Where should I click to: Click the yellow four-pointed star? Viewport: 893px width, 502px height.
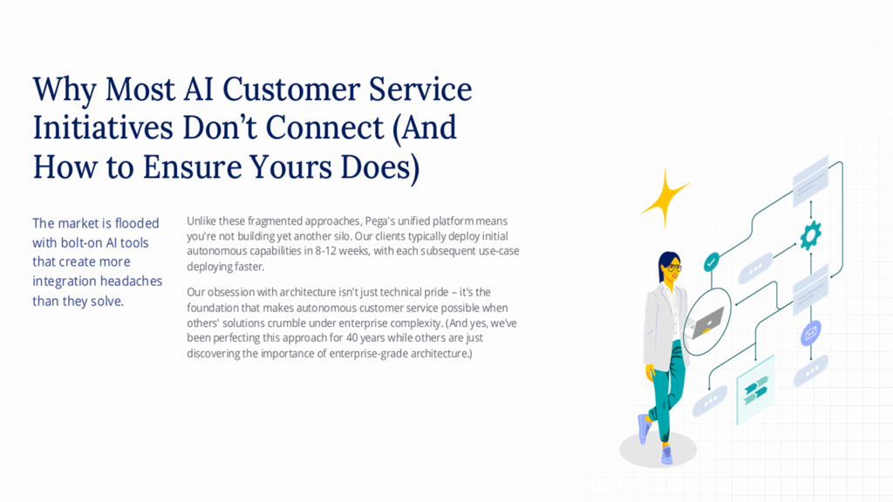(665, 199)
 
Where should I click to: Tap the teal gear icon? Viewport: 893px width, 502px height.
(810, 235)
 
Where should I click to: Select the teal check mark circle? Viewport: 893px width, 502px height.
(712, 262)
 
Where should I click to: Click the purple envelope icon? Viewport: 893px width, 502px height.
(810, 333)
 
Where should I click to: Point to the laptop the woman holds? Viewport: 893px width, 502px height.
(707, 322)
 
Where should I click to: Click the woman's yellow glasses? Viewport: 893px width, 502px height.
(674, 267)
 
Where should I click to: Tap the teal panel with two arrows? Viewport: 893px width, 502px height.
(755, 390)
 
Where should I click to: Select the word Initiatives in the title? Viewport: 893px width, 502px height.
(103, 127)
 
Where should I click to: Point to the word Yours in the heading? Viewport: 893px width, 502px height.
(290, 167)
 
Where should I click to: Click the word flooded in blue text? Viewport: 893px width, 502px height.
(137, 223)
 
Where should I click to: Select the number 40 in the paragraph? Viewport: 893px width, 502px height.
(352, 338)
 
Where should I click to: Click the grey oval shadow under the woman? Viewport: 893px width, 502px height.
(658, 449)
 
